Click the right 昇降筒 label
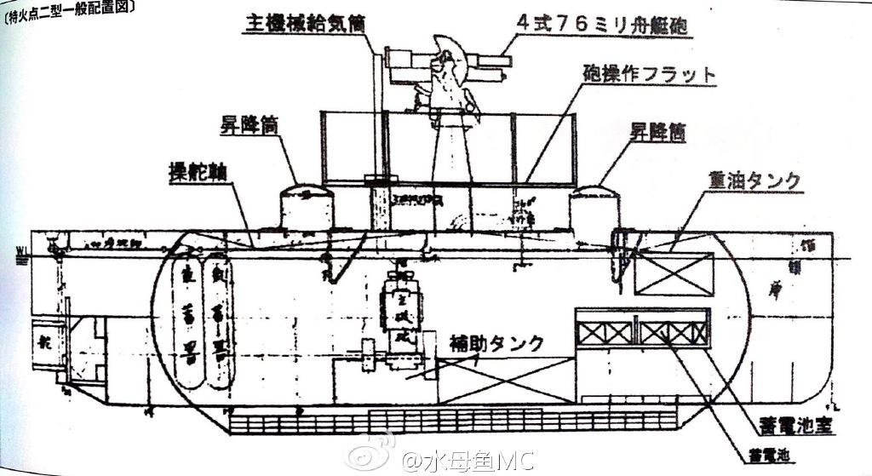click(657, 132)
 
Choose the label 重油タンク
click(754, 181)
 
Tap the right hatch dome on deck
click(594, 207)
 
